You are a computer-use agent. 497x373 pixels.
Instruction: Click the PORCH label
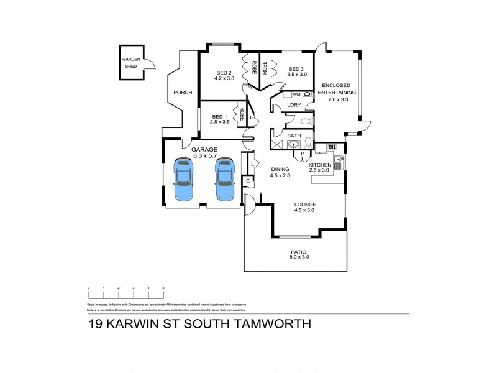click(183, 93)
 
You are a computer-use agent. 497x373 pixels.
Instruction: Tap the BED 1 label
click(221, 116)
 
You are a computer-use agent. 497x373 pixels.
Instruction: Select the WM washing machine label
click(296, 94)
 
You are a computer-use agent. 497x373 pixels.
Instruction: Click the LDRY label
click(294, 105)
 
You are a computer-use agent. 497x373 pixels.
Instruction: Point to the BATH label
click(294, 136)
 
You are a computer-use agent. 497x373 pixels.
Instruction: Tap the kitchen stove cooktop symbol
click(331, 147)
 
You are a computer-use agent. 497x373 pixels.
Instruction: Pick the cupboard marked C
click(248, 181)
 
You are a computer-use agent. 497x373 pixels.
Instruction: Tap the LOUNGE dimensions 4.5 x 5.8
click(305, 210)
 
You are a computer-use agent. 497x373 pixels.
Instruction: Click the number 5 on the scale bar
click(163, 288)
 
